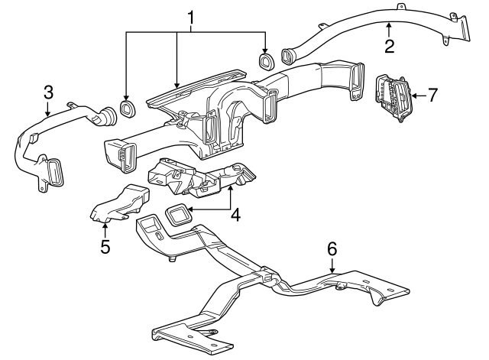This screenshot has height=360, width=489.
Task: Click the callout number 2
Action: (x=389, y=46)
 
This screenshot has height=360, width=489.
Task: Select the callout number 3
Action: (x=48, y=92)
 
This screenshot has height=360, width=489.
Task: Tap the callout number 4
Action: (x=235, y=216)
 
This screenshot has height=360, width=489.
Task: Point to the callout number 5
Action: (x=105, y=246)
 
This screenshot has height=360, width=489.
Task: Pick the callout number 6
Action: (x=332, y=248)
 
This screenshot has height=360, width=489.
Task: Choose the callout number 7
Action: (x=432, y=96)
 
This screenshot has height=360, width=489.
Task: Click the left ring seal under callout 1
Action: (x=127, y=108)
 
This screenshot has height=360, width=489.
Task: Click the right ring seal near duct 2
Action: (x=267, y=60)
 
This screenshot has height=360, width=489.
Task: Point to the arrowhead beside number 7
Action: (x=413, y=96)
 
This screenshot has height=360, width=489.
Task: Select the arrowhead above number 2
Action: (x=389, y=26)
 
